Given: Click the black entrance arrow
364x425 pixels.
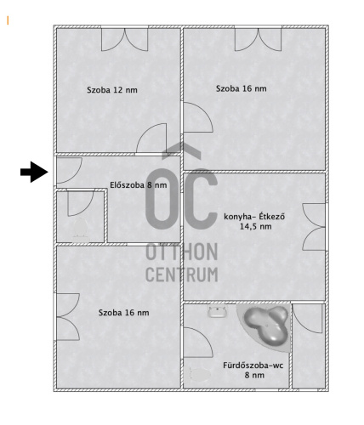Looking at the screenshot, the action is [x=34, y=172].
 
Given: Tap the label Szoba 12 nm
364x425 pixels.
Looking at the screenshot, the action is [x=112, y=90].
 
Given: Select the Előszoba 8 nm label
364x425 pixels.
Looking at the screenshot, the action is [x=139, y=185].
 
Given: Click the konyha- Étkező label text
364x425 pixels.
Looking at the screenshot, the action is [x=254, y=217].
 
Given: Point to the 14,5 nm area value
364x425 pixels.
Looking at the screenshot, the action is [x=256, y=227].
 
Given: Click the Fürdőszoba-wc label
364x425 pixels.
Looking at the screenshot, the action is [x=253, y=365].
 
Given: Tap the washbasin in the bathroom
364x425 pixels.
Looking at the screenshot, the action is [x=218, y=311].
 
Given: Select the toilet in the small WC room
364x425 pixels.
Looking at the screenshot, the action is [x=80, y=228].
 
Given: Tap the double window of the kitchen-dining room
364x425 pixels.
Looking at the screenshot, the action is [x=314, y=227].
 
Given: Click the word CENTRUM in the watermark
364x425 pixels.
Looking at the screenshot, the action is [x=182, y=275].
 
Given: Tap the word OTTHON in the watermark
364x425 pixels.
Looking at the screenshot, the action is [x=182, y=252].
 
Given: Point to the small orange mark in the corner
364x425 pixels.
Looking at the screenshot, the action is [x=8, y=20].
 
